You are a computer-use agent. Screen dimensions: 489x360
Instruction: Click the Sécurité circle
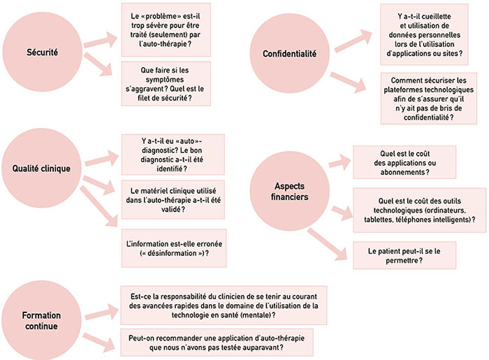point(43,52)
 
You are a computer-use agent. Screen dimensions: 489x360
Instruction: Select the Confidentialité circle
point(290,54)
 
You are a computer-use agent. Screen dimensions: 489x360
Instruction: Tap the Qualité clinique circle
point(41,168)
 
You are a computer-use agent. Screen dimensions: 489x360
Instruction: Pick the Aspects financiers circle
point(290,192)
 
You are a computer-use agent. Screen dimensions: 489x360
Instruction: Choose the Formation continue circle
point(41,320)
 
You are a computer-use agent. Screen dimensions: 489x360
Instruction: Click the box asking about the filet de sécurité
point(166,84)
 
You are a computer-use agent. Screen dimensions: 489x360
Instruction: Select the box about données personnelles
point(424,35)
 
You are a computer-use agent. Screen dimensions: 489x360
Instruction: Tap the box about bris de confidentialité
point(429,99)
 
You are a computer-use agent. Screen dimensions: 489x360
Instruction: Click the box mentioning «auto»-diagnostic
point(173,154)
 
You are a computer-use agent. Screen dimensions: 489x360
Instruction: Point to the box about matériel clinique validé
point(173,200)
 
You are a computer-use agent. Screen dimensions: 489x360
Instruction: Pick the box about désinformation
point(174,248)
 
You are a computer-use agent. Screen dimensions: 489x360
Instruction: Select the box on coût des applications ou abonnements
point(404,162)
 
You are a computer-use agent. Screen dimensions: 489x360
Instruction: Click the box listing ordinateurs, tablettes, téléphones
point(419,210)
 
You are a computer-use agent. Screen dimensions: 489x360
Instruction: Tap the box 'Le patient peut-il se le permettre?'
point(404,255)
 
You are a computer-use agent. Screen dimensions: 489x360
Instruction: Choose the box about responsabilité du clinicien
point(224,305)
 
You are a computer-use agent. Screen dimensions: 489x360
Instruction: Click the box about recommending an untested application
point(217,343)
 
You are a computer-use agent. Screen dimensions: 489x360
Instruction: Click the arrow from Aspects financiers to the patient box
point(327,244)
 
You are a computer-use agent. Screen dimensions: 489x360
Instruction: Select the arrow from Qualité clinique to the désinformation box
point(99,206)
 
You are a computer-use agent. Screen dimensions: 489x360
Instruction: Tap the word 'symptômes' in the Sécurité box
point(165,80)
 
